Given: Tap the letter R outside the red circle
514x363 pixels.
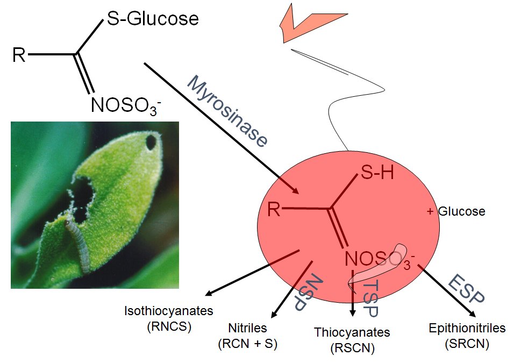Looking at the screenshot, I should pos(19,55).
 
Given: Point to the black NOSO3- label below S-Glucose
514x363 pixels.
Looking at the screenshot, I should pos(126,105).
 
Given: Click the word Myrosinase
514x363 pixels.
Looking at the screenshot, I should pos(227,111).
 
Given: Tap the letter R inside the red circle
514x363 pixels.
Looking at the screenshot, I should pos(274,209).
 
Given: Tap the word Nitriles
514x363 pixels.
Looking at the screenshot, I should pos(247,328).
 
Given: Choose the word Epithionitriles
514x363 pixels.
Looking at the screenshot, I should pos(467,328).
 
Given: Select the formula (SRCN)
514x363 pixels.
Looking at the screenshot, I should pos(467,344).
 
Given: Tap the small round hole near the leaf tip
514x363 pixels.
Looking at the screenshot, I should pos(151,142).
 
